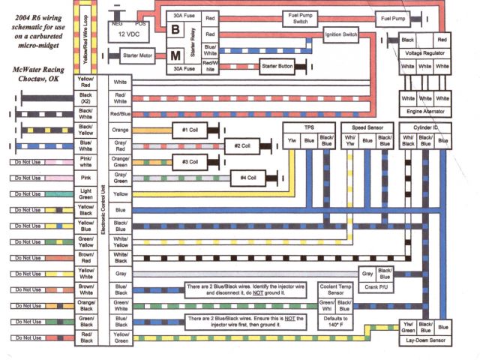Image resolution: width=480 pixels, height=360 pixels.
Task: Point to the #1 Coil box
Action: pos(190,130)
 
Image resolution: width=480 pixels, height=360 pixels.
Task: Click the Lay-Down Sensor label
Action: pos(424,340)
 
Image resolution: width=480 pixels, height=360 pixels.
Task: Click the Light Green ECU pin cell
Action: pos(88,194)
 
